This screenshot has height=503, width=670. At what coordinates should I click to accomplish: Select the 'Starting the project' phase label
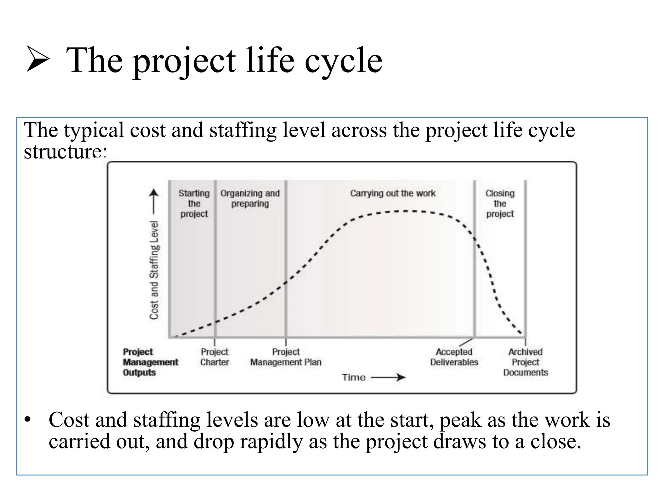tap(194, 203)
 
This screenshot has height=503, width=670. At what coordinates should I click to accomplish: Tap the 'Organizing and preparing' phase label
tap(250, 198)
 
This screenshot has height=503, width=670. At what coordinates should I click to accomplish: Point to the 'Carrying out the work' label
tap(393, 193)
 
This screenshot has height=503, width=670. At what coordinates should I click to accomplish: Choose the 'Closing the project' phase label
tap(500, 203)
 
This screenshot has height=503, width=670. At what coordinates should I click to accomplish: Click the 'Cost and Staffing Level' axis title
tap(154, 270)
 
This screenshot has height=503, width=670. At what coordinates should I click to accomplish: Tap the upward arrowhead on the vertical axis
tap(154, 193)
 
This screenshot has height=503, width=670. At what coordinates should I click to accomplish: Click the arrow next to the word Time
tap(389, 377)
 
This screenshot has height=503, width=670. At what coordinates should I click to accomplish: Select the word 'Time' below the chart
tap(353, 377)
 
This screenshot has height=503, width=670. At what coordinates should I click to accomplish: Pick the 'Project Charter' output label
tap(214, 357)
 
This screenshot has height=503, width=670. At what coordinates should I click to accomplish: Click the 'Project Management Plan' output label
tap(286, 357)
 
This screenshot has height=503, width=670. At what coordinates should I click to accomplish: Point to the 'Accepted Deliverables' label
tap(454, 357)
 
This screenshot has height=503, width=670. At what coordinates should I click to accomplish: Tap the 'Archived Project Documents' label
tap(525, 362)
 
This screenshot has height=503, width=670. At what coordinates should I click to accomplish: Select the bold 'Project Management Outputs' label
tap(150, 362)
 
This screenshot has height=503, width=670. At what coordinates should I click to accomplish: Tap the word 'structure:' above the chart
tap(65, 152)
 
